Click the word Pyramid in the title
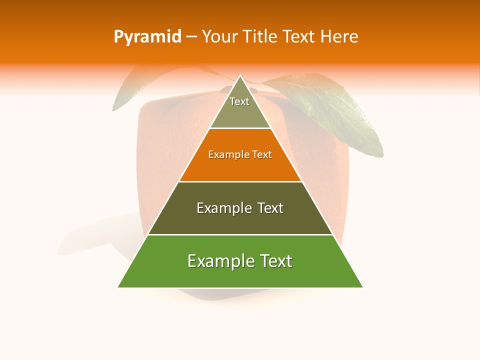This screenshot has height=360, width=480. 147,37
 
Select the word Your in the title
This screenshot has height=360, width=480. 218,37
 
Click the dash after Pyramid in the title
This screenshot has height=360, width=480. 191,37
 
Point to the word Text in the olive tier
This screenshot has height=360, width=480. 270,208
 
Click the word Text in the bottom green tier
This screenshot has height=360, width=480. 275,261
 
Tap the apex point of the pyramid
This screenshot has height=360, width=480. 240,75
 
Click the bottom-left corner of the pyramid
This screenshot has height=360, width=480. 118,287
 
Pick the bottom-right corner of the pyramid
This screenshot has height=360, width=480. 362,287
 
